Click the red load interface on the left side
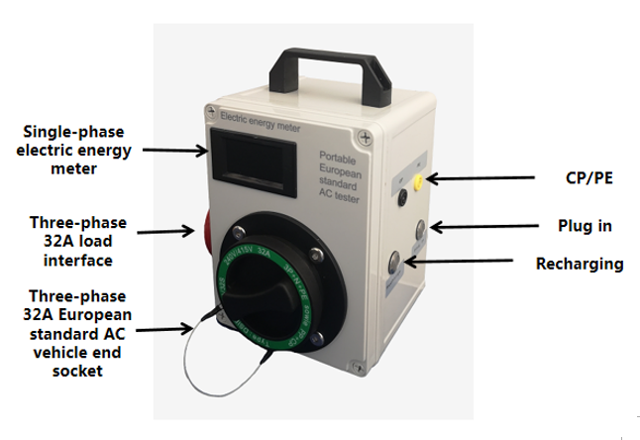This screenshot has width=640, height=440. tap(209, 229)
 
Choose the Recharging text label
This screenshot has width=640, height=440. tap(580, 265)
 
